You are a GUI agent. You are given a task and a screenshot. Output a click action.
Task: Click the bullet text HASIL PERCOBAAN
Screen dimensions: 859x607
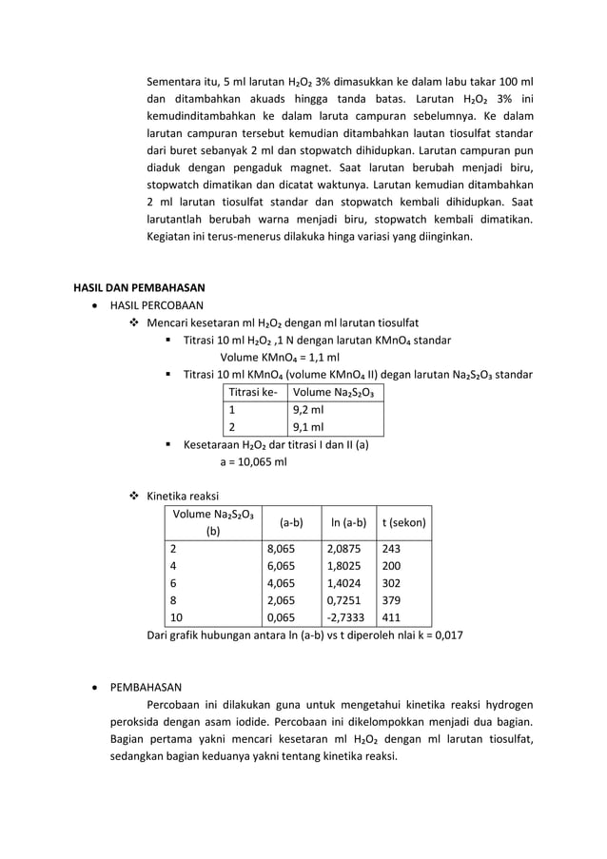point(157,305)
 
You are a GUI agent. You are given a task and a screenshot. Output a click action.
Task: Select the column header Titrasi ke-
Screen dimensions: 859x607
point(253,392)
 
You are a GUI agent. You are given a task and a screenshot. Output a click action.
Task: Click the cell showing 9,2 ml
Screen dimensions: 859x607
point(308,410)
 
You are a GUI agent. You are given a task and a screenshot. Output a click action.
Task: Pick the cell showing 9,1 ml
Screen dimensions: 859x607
point(308,427)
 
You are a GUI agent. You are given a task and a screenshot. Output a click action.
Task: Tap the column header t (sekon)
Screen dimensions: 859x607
point(403,522)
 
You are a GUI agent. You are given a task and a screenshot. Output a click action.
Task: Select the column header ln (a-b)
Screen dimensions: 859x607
point(346,522)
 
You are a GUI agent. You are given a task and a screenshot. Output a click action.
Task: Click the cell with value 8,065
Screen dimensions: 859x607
point(282,549)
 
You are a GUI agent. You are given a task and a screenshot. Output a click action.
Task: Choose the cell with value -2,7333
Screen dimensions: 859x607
point(345,616)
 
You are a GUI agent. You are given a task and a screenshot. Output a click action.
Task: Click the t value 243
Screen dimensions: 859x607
point(391,549)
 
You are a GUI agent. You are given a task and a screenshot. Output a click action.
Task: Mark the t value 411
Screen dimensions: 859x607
point(391,616)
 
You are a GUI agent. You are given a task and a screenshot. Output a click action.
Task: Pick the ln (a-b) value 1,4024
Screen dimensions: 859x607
point(343,583)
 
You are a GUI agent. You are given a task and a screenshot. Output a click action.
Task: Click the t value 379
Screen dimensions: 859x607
point(391,600)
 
